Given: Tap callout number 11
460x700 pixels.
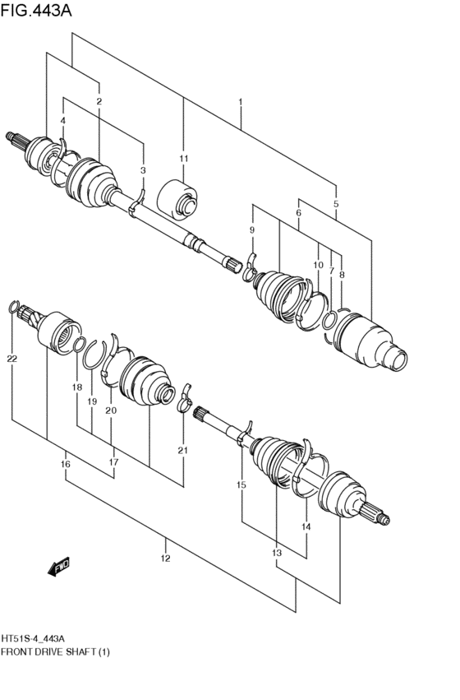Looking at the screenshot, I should (183, 158).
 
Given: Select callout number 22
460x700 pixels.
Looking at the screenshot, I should (11, 359).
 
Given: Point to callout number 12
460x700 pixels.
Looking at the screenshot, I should (165, 559).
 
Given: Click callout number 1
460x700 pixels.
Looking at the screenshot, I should (240, 102).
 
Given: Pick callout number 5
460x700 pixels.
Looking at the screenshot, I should (336, 203).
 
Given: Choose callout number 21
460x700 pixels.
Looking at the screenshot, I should (182, 450).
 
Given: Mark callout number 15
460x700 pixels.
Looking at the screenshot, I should (241, 485).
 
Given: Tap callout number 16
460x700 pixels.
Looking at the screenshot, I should (66, 465).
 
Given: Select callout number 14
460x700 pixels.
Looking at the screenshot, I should (306, 526).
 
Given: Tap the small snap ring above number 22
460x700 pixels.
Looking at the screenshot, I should (13, 308).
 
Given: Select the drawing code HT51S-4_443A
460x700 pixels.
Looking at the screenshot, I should (34, 638).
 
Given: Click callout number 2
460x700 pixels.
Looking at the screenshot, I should (99, 101).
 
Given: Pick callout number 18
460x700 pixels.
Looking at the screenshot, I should (76, 387).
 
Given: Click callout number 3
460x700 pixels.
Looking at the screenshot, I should (143, 170).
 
